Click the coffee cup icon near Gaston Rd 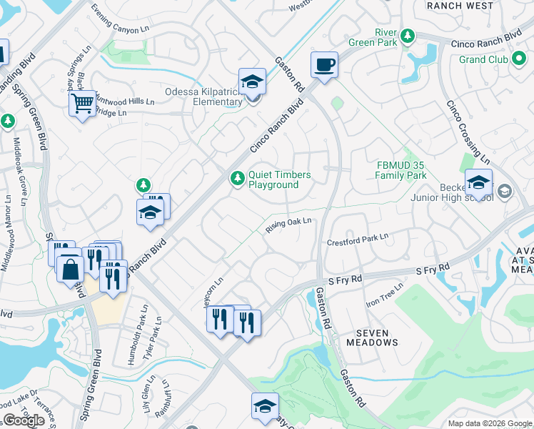coord(324,65)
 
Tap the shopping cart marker coord(83,104)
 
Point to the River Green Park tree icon coord(407,36)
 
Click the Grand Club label coord(483,59)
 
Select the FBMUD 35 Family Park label coord(401,170)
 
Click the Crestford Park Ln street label coord(357,239)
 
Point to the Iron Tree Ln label coord(385,294)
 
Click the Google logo coord(24,420)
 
